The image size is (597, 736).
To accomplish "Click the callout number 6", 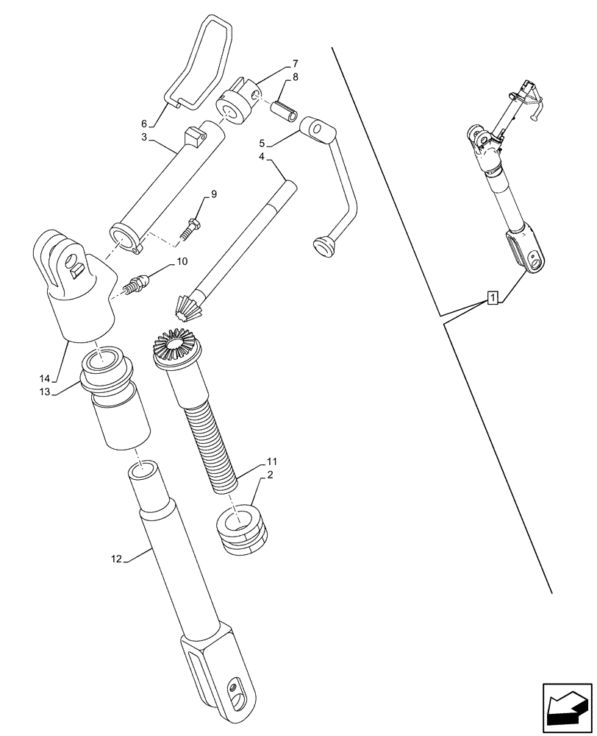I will point(145,124).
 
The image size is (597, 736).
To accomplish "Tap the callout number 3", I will point(145,138).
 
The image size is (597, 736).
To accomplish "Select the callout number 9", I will point(213,194).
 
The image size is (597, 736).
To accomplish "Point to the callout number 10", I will point(182,261).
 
